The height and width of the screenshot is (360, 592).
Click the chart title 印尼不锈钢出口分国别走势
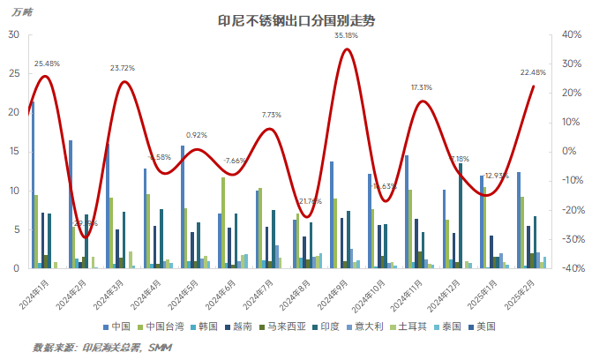pyautogui.click(x=296, y=20)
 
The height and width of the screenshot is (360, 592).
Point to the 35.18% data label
pyautogui.click(x=346, y=35)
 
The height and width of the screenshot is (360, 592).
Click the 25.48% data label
pyautogui.click(x=48, y=64)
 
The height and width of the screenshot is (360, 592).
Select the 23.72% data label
pyautogui.click(x=123, y=68)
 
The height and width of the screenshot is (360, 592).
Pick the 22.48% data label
pyautogui.click(x=533, y=72)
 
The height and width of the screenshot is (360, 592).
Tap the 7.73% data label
pyautogui.click(x=271, y=115)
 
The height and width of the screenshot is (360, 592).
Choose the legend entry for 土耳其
pyautogui.click(x=413, y=326)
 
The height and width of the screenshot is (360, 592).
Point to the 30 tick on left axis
pyautogui.click(x=13, y=34)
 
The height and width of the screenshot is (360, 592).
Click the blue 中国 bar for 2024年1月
pyautogui.click(x=32, y=184)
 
